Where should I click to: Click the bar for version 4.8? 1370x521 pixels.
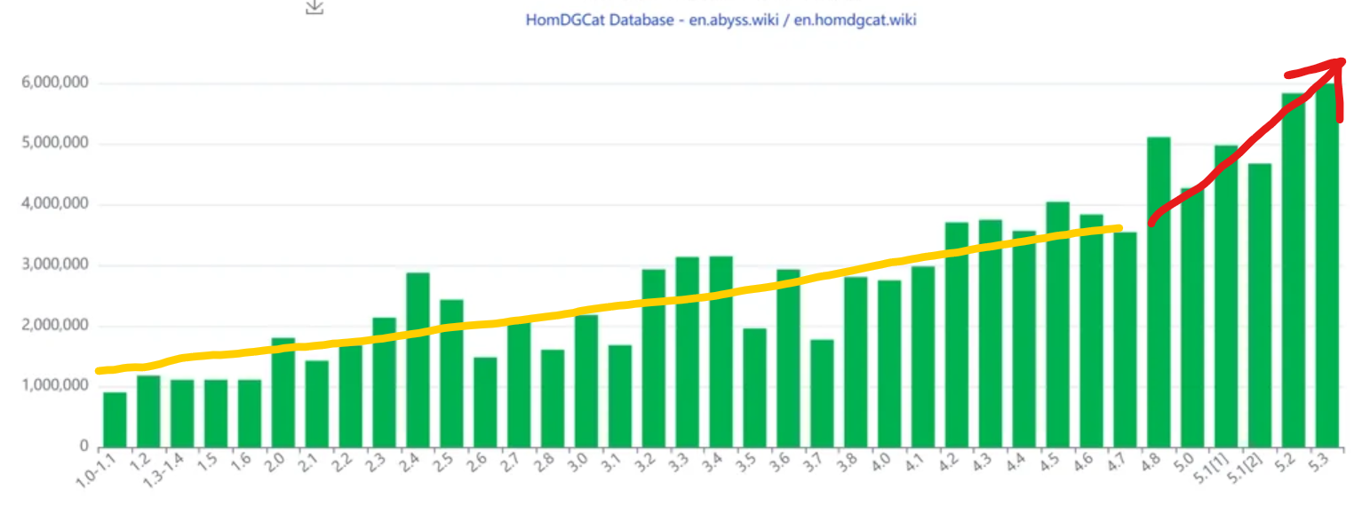tap(1159, 292)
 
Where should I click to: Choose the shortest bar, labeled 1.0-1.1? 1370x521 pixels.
tap(115, 419)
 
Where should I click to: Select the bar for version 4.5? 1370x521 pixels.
tap(1057, 324)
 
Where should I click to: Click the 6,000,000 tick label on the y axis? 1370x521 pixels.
tap(53, 83)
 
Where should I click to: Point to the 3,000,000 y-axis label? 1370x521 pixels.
tap(53, 264)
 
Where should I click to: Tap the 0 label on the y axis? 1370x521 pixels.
tap(83, 446)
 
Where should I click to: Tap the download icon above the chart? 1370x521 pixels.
tap(315, 6)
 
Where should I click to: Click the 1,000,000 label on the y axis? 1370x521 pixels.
tap(53, 386)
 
